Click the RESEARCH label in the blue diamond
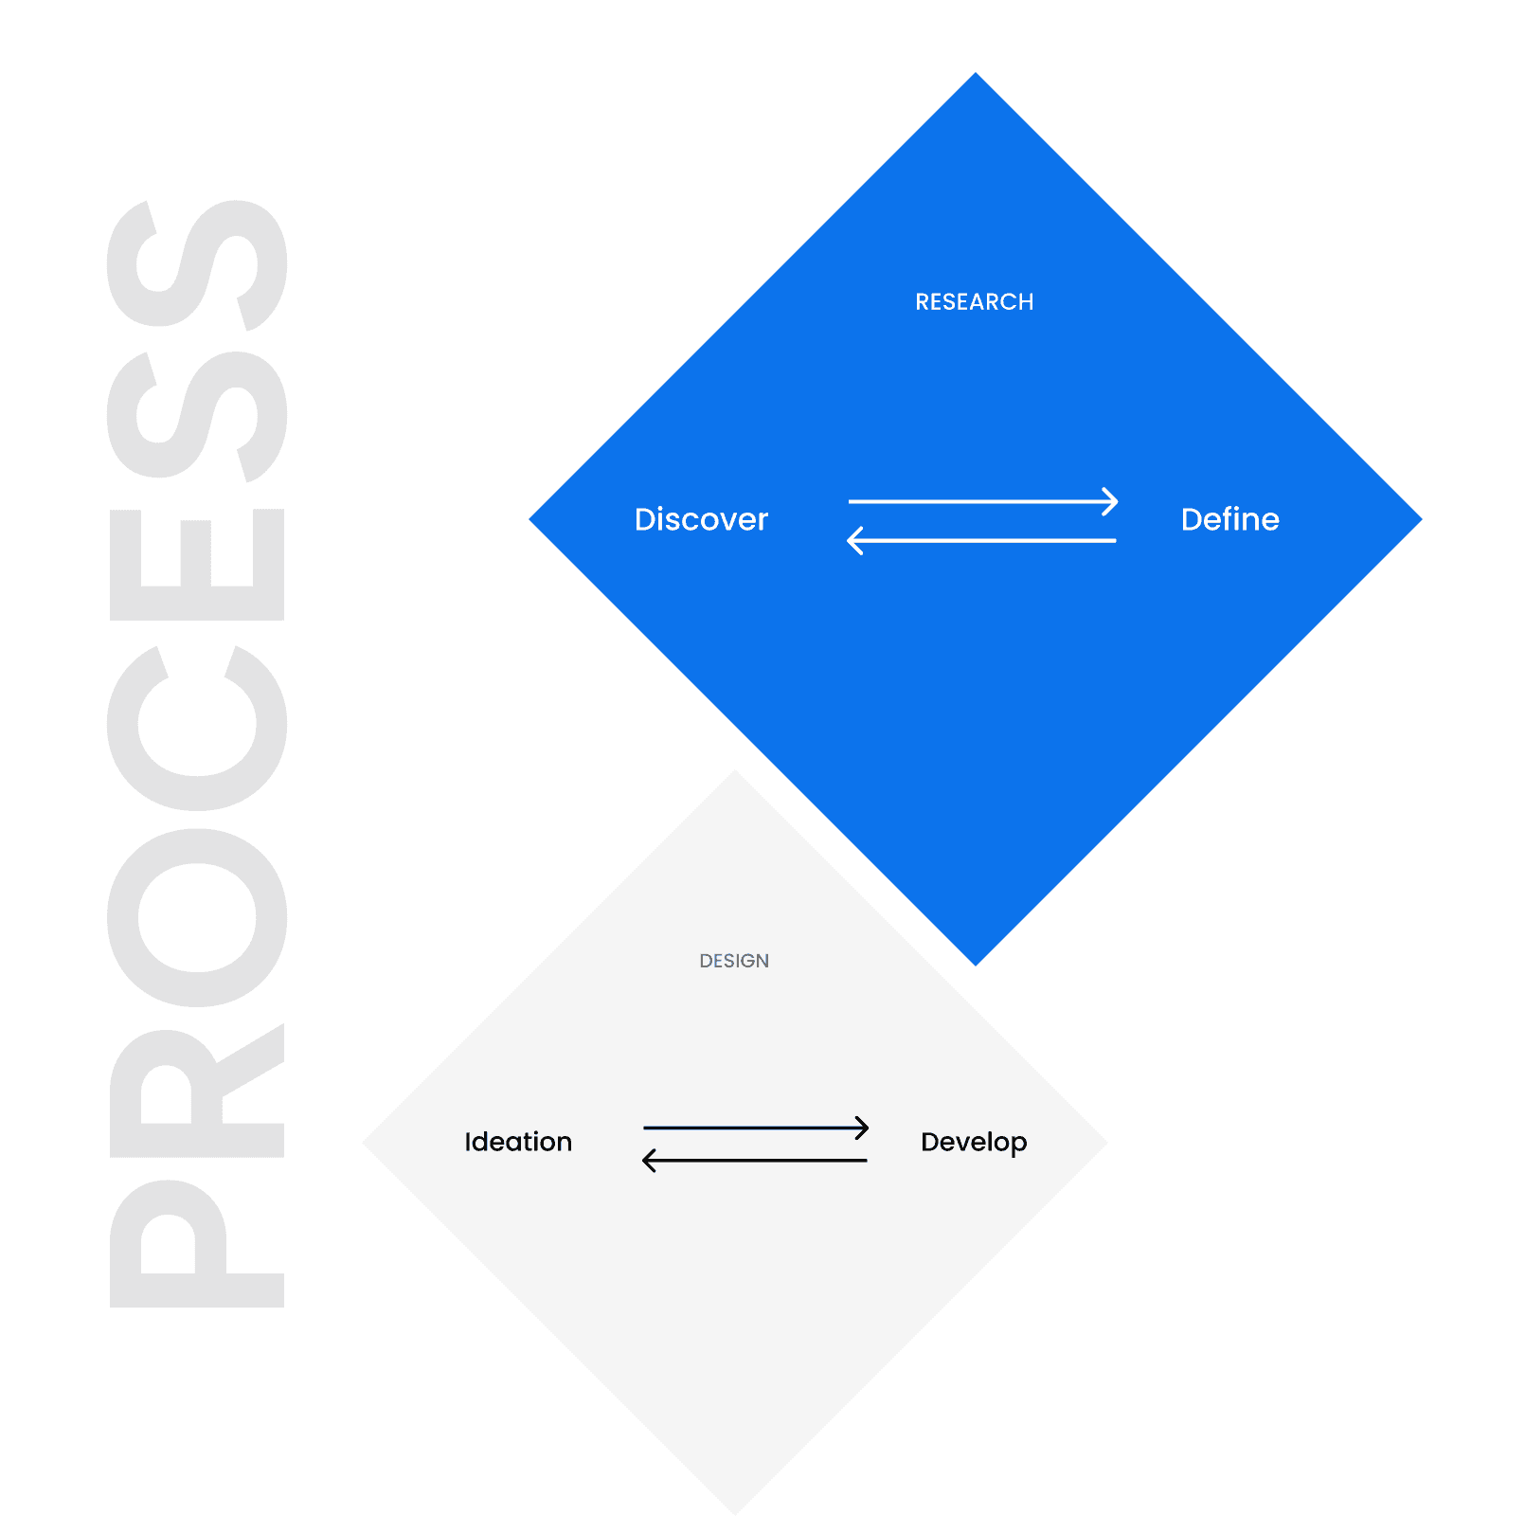click(974, 302)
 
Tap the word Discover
click(701, 519)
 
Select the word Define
click(1229, 519)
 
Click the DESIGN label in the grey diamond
click(734, 961)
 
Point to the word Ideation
click(518, 1142)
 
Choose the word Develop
click(974, 1143)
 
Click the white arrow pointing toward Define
click(982, 501)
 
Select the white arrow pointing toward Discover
click(982, 540)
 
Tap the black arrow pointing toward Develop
click(755, 1128)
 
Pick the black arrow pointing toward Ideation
click(755, 1160)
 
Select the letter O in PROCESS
click(197, 917)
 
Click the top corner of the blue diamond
click(976, 75)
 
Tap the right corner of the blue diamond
click(1419, 519)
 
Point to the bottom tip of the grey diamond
click(735, 1511)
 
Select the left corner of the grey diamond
click(367, 1143)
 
